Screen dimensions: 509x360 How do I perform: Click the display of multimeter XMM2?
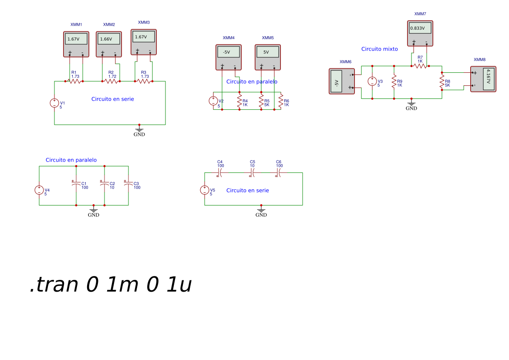[109, 39]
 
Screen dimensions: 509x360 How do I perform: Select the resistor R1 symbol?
[75, 81]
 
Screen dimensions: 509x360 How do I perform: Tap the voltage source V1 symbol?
[54, 103]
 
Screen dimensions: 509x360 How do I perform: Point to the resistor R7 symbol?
[420, 66]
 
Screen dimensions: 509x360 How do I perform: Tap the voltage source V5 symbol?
[205, 190]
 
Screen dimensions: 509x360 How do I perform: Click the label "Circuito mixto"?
[380, 49]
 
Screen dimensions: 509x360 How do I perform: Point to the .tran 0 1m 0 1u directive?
[111, 284]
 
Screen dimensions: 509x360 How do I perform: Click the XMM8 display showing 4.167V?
[489, 79]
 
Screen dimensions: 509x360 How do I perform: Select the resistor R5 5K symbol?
[261, 101]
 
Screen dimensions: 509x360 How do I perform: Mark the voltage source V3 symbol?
[372, 81]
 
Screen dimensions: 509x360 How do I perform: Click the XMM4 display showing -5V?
[229, 52]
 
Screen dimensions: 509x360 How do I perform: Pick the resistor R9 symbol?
[394, 82]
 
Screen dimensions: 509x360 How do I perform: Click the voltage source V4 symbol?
[39, 190]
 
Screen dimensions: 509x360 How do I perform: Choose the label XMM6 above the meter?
[345, 62]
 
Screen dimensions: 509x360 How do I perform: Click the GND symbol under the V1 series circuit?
[139, 131]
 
